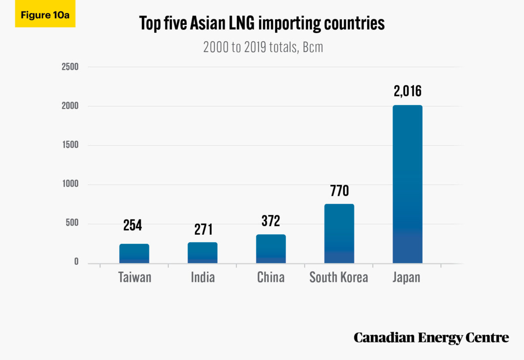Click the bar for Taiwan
[134, 254]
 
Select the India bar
[203, 253]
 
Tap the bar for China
[271, 249]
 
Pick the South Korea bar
[339, 233]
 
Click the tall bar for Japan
[407, 184]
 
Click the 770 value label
[339, 191]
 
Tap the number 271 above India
[203, 229]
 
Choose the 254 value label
[132, 225]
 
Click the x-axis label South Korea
[339, 278]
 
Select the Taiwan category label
[134, 278]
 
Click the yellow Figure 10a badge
[45, 15]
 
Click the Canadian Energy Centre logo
[431, 337]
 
